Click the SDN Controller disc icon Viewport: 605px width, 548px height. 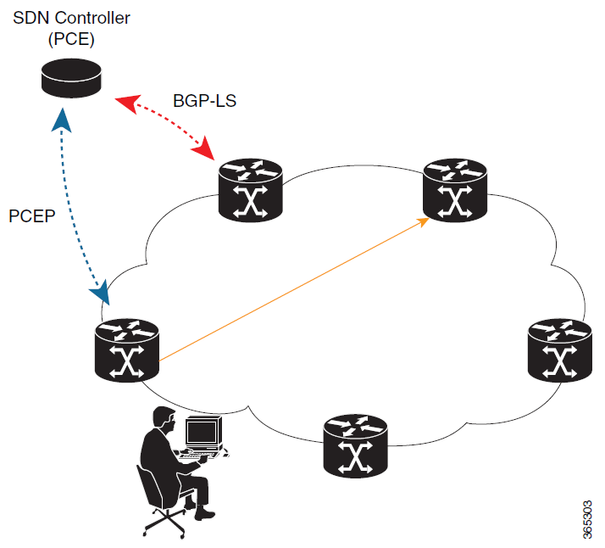click(72, 79)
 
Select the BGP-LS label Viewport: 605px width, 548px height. click(204, 101)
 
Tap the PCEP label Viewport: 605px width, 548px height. click(31, 215)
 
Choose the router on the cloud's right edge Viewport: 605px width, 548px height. click(558, 348)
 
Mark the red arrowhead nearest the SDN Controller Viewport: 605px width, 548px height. click(124, 103)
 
